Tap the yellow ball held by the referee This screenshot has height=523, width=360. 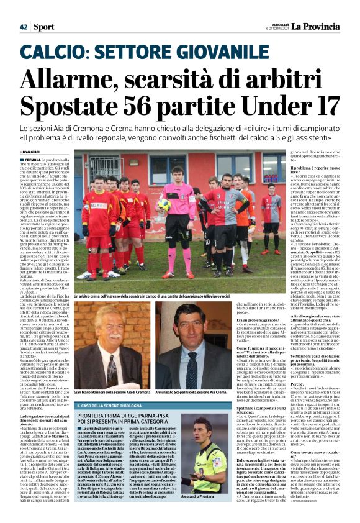click(x=164, y=204)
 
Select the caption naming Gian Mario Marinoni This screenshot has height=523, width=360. click(x=112, y=394)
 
